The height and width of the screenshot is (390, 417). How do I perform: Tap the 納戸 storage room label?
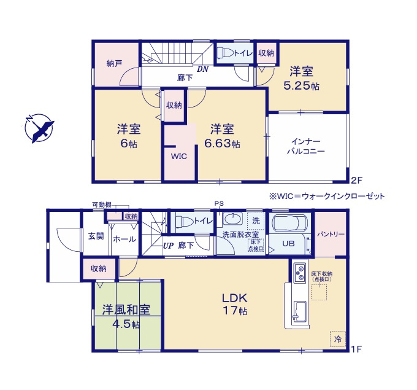[113, 63]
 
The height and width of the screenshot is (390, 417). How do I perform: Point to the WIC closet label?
[178, 157]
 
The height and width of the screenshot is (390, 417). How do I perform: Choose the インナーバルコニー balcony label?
[308, 145]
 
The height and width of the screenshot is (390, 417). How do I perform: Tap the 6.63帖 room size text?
[221, 144]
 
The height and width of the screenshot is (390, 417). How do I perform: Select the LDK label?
[234, 298]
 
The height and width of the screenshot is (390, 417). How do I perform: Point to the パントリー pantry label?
[331, 235]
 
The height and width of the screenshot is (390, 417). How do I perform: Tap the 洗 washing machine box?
[257, 220]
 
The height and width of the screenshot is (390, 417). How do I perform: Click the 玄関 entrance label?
[95, 236]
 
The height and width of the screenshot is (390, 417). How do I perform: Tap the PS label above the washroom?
[218, 204]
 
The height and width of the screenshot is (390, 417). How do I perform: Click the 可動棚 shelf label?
[102, 205]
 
